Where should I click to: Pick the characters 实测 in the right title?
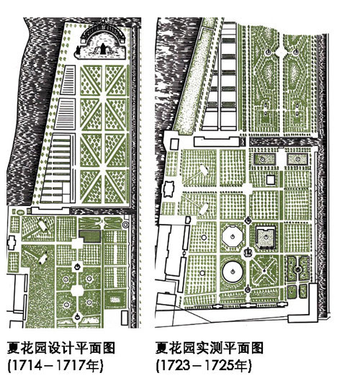pyautogui.click(x=210, y=348)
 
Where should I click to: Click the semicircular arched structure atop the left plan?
pyautogui.click(x=103, y=35)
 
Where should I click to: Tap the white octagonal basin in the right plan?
pyautogui.click(x=233, y=237)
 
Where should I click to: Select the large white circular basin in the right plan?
pyautogui.click(x=233, y=271)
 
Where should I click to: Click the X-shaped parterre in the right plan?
pyautogui.click(x=264, y=271)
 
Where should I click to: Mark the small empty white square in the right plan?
pyautogui.click(x=271, y=179)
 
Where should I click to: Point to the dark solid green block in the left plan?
pyautogui.click(x=90, y=237)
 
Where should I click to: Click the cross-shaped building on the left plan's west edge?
pyautogui.click(x=12, y=243)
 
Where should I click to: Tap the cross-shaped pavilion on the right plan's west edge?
pyautogui.click(x=168, y=189)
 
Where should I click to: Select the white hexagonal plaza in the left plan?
pyautogui.click(x=78, y=290)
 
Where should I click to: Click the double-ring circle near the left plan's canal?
pyautogui.click(x=125, y=225)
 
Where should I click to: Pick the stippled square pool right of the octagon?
pyautogui.click(x=266, y=238)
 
